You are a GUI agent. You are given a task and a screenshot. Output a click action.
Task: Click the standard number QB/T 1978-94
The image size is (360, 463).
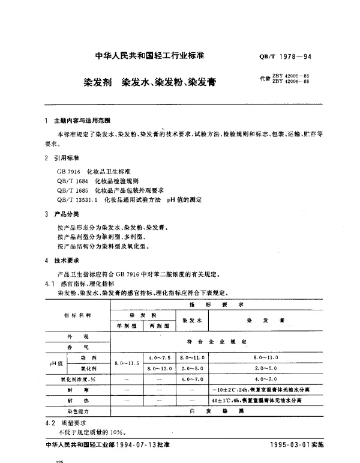[285, 57]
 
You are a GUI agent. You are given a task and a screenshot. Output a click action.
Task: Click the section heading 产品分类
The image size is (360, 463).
[66, 214]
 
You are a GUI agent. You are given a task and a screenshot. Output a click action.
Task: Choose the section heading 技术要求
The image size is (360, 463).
[66, 261]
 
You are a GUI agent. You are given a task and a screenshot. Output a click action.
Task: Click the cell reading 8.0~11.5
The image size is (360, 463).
[127, 363]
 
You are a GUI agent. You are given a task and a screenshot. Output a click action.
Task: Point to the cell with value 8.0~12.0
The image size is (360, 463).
[158, 368]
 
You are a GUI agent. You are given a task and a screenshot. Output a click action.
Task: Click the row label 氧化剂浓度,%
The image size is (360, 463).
[77, 378]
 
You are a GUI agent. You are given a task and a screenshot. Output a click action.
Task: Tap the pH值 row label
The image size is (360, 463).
[55, 363]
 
